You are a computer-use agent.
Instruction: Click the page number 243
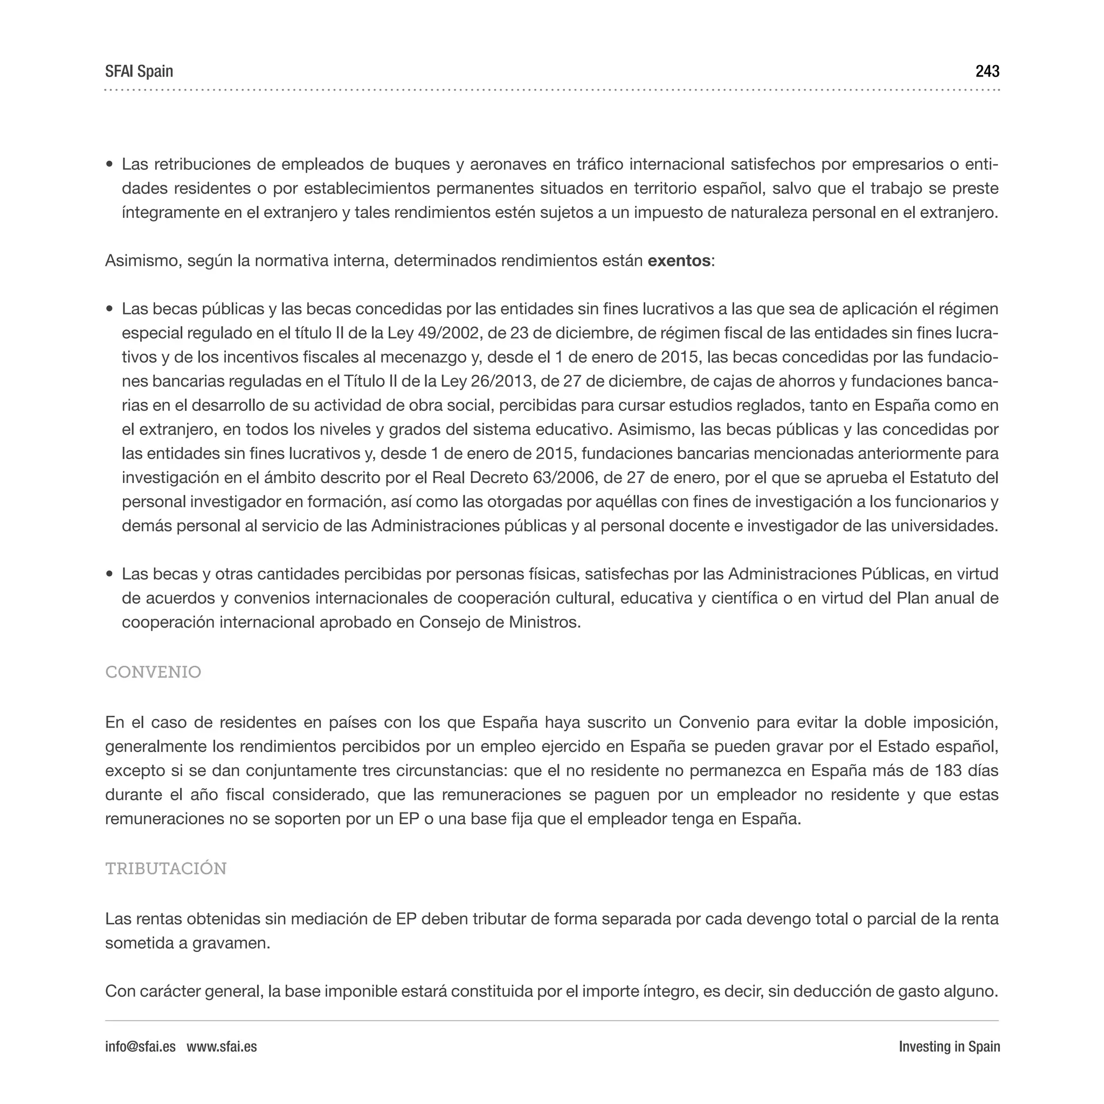987,72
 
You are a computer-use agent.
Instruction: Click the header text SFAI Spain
139,72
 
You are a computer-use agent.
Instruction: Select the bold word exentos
678,261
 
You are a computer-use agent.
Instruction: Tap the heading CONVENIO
153,672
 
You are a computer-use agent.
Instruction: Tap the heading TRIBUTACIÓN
165,868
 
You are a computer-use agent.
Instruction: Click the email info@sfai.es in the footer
140,1047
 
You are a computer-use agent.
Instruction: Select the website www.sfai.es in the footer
222,1047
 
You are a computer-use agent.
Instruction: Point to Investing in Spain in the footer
949,1047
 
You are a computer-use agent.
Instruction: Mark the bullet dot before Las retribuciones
110,165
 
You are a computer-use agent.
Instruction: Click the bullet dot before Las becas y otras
110,574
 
